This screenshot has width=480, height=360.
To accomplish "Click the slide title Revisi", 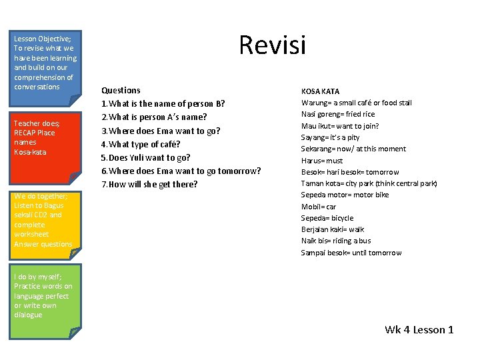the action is coord(272,45).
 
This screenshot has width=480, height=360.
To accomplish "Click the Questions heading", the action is coord(121,90).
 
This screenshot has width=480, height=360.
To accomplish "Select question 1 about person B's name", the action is coord(163,103).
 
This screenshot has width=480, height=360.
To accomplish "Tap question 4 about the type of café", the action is coord(141,144).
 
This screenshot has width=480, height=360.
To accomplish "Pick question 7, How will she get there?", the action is coord(149,184).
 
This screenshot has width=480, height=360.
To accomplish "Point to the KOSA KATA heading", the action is coord(320,91).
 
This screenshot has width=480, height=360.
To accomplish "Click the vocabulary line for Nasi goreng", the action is coord(338,114).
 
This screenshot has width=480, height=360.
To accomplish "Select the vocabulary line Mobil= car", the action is coord(319,207).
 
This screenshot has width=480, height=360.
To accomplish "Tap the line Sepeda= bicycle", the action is coord(327,218).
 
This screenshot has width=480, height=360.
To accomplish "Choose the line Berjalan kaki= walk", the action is coord(333,229).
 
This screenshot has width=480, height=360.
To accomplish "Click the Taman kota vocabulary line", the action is coord(369,183).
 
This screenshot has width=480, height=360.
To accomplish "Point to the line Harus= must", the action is coord(322,160).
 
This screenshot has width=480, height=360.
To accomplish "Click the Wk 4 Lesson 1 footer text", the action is coord(419,329).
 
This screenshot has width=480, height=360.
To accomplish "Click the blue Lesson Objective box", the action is coord(45,67).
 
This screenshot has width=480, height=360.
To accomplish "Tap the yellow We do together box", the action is coord(45,223).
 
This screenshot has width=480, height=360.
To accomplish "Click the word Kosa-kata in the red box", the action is coord(30,152).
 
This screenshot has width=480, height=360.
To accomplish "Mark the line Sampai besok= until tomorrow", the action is coord(351,253).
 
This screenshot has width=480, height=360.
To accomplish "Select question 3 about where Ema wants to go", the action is coord(160,131).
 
